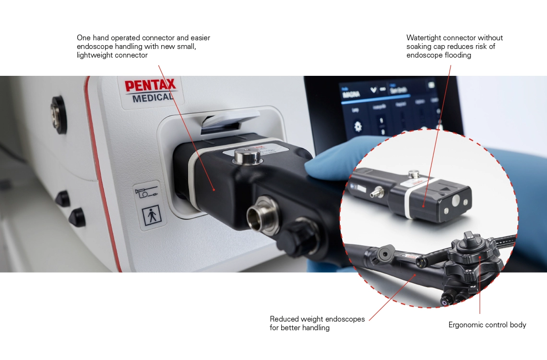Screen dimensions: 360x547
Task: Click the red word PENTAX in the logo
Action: point(151,86)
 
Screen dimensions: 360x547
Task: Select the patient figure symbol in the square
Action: point(152,215)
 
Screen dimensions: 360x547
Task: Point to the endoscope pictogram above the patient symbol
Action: point(147,192)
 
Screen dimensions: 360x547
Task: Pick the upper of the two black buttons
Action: point(62,198)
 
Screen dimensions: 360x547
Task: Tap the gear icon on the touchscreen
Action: point(358,127)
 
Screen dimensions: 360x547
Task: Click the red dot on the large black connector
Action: point(214,190)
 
